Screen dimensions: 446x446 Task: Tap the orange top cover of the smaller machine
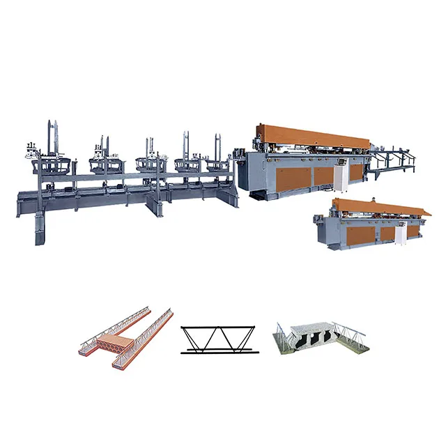click(x=380, y=206)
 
